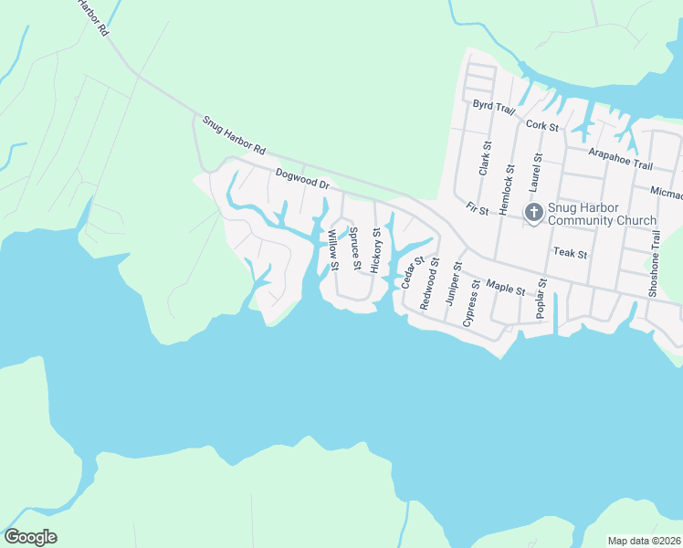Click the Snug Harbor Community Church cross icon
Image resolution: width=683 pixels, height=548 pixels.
(x=534, y=213)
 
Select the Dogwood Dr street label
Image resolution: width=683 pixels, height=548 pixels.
(x=302, y=177)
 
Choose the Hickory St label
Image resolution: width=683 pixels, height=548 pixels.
(x=375, y=249)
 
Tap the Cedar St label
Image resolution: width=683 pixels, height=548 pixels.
(x=410, y=272)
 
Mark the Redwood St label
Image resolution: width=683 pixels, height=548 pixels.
(x=429, y=283)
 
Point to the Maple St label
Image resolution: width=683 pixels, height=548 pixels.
(x=506, y=289)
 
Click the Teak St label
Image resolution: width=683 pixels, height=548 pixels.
(x=568, y=251)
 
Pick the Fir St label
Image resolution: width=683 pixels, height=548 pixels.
(x=478, y=209)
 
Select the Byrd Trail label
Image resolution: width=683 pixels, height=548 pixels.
(x=494, y=106)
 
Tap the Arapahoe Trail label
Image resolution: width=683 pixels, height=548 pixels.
(x=621, y=159)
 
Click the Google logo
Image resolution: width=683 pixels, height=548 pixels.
(x=30, y=537)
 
